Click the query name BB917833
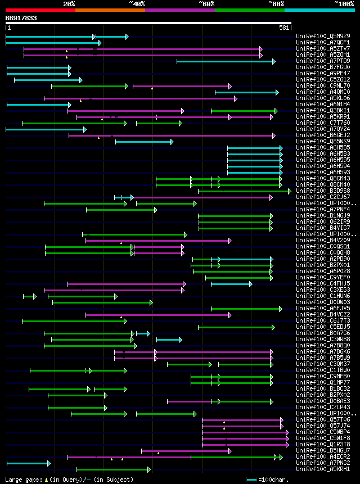(21, 18)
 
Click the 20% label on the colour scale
(69, 4)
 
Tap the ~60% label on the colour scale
(206, 4)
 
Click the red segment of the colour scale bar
(40, 10)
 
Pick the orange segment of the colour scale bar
(110, 10)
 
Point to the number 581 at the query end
(284, 28)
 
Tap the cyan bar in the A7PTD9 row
(225, 61)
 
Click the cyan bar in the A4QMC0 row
(246, 92)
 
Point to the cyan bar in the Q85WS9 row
(143, 142)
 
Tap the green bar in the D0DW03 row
(102, 302)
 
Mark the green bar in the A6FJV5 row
(246, 309)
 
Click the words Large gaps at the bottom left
(22, 480)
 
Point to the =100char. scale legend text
(276, 480)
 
